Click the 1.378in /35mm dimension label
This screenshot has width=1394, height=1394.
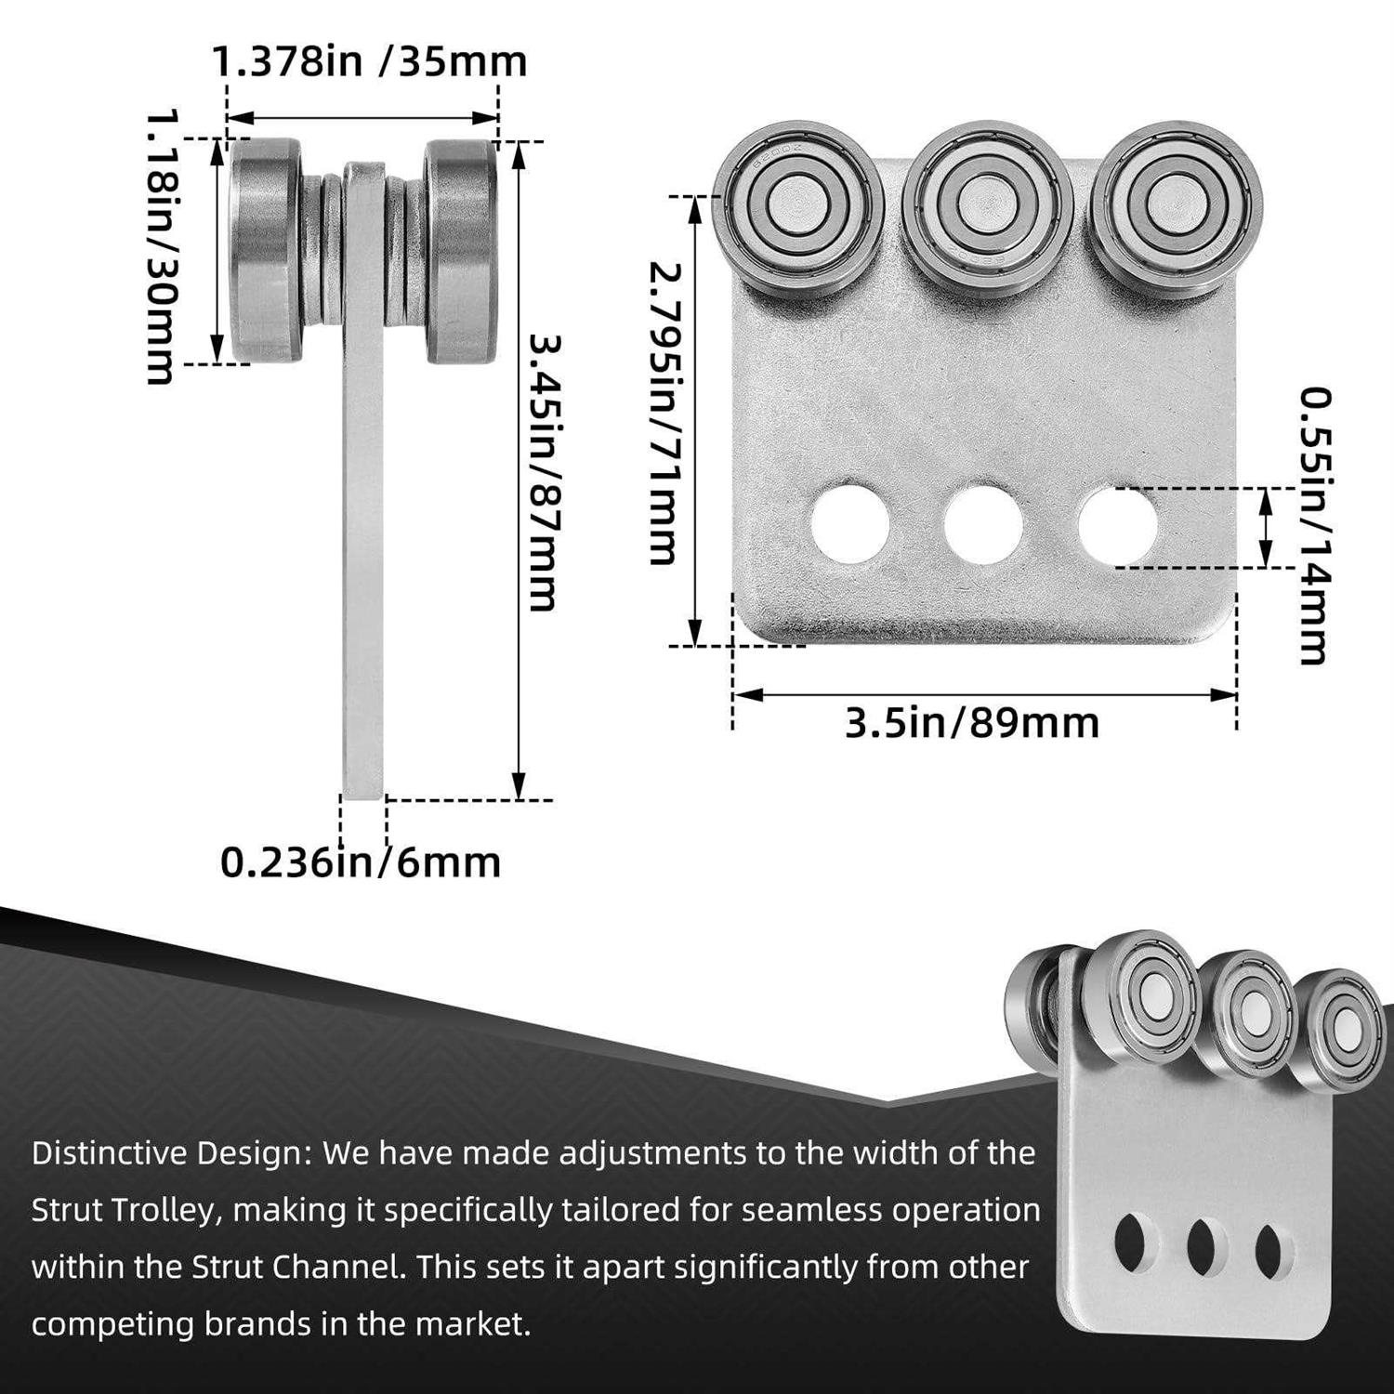click(x=369, y=61)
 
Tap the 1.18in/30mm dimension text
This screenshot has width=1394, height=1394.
click(x=162, y=247)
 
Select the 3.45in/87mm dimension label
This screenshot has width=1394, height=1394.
click(x=545, y=472)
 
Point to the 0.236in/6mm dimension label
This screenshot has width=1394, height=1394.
click(x=361, y=862)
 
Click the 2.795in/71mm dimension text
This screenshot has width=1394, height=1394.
click(x=665, y=414)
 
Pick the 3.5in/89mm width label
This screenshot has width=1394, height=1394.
click(x=971, y=723)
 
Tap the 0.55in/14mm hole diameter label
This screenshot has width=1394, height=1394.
click(x=1314, y=526)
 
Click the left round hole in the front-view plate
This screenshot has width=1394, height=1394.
click(x=849, y=523)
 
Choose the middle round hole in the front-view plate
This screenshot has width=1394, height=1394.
click(x=983, y=523)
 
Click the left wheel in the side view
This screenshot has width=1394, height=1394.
click(x=266, y=249)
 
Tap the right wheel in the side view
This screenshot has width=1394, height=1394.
click(x=460, y=249)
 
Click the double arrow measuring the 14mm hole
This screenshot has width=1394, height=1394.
click(x=1264, y=526)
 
